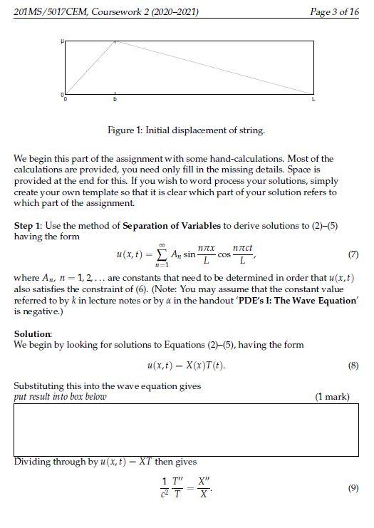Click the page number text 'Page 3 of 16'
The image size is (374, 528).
pyautogui.click(x=335, y=12)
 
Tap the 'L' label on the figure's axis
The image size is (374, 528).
pyautogui.click(x=313, y=100)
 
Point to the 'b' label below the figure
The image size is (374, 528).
pyautogui.click(x=115, y=100)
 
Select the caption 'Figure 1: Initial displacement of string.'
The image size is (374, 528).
pyautogui.click(x=186, y=130)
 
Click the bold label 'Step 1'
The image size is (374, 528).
pyautogui.click(x=30, y=226)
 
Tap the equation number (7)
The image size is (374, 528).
pyautogui.click(x=353, y=254)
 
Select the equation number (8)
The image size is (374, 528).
pyautogui.click(x=353, y=366)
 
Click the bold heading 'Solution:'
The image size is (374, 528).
pyautogui.click(x=33, y=333)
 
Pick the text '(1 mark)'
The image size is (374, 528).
pyautogui.click(x=332, y=397)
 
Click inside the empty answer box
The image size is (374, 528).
pyautogui.click(x=186, y=430)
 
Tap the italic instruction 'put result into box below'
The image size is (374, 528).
pyautogui.click(x=61, y=397)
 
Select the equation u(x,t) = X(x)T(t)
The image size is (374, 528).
pyautogui.click(x=185, y=366)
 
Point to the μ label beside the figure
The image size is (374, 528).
pyautogui.click(x=62, y=43)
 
